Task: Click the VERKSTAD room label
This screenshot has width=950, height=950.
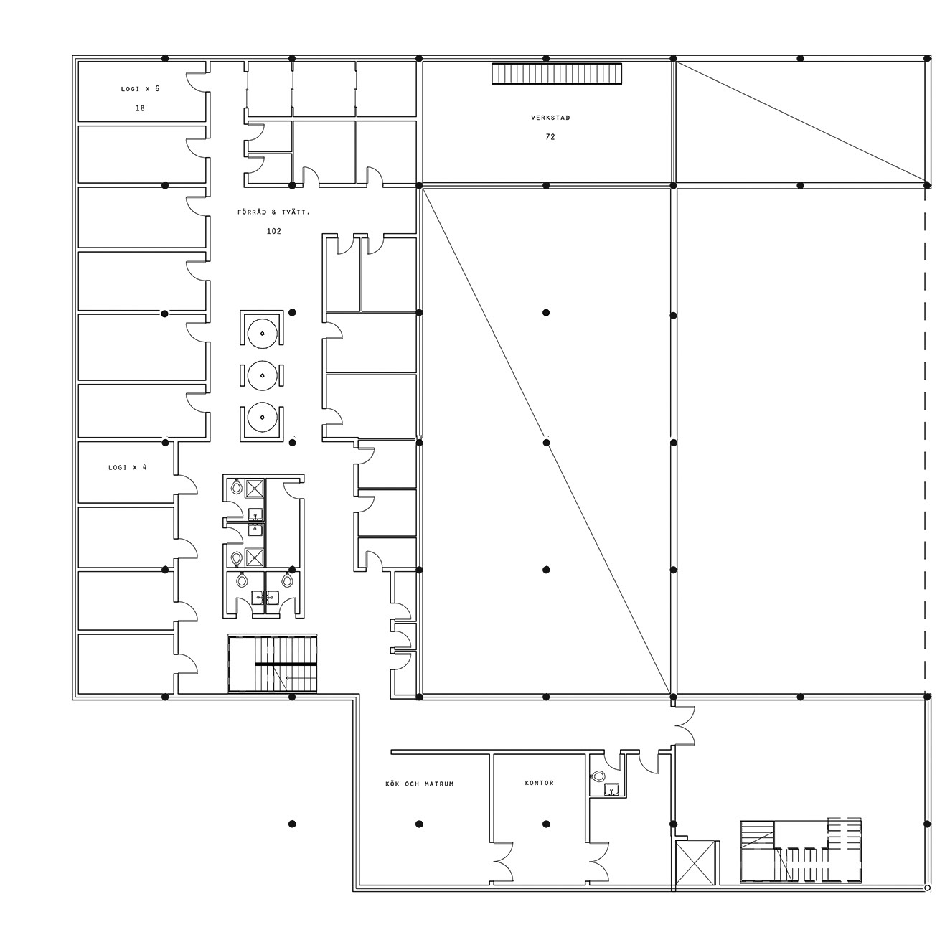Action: [x=550, y=118]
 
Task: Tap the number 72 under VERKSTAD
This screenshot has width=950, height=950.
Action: [x=550, y=137]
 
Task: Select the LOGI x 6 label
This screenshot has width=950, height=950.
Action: [x=140, y=89]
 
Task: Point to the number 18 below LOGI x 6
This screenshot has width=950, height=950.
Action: [x=140, y=108]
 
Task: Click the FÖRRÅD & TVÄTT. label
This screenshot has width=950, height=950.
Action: [x=273, y=212]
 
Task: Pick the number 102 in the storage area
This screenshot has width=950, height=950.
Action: [x=273, y=231]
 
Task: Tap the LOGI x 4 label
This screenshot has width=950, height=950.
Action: [x=128, y=467]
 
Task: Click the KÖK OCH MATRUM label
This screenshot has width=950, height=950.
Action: [x=420, y=784]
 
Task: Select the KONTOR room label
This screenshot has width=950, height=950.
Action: [x=539, y=782]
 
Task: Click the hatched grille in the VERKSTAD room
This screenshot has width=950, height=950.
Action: [x=557, y=74]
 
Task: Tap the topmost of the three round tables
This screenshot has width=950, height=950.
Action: [x=262, y=333]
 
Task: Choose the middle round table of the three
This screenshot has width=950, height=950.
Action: [x=262, y=375]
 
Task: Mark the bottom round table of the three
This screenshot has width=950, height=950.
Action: [x=262, y=417]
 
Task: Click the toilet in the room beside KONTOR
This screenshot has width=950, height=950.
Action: [x=598, y=776]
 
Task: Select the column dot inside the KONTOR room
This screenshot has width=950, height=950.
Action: [x=546, y=824]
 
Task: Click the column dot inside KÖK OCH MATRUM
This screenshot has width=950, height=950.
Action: [x=419, y=824]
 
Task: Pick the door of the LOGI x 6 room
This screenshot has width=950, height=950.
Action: [x=196, y=83]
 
